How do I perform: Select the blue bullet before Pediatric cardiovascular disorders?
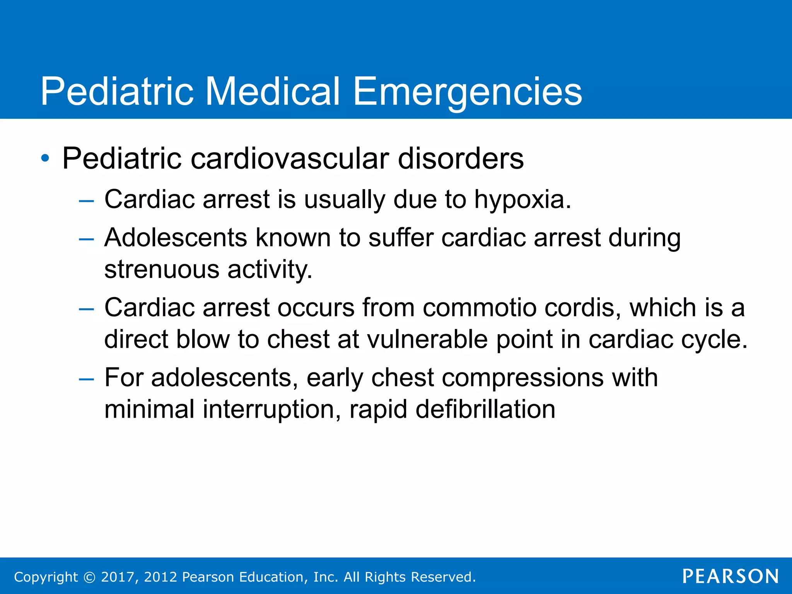[x=45, y=158]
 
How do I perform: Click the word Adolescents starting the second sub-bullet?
[x=176, y=237]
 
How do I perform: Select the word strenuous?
[x=162, y=270]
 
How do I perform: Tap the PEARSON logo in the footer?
[x=731, y=576]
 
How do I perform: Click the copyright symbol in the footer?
[x=89, y=577]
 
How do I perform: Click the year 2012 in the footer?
[x=160, y=577]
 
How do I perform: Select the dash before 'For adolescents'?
[x=86, y=379]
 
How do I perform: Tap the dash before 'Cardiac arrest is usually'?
[x=86, y=201]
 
